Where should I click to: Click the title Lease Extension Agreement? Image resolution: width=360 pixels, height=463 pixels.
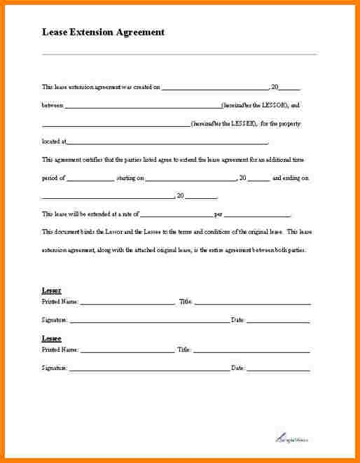point(103,32)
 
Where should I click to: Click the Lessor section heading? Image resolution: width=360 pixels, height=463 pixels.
point(51,290)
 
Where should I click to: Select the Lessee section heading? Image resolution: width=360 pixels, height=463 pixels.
point(51,338)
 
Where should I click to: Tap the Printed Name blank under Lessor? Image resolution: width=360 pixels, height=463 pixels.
point(127,303)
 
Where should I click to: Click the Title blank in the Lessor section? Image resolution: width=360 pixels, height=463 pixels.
point(252,303)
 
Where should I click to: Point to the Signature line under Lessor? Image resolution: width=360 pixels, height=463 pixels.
point(149,322)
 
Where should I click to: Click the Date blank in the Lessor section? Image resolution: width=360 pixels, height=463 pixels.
point(278,322)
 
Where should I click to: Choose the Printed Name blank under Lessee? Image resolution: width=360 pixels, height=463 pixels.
point(127,350)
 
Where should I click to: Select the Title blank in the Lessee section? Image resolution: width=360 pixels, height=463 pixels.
point(251,350)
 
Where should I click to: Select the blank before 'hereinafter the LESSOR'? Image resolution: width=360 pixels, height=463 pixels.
point(143,106)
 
